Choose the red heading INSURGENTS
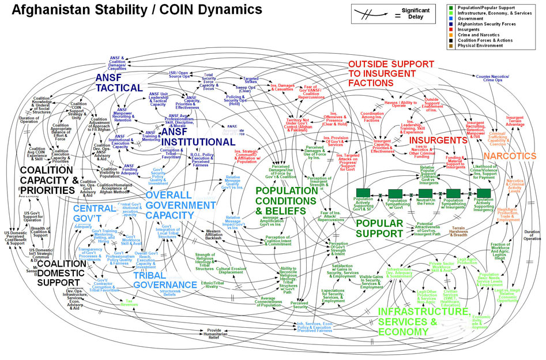pos(438,141)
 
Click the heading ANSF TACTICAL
pos(119,82)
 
